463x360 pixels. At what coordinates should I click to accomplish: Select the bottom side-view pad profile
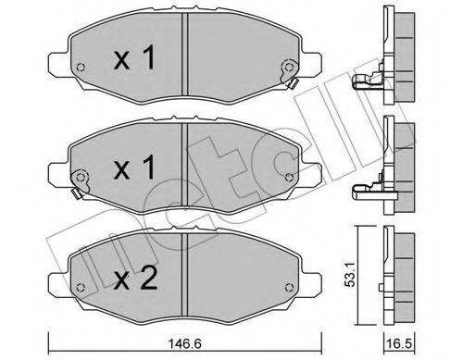coord(397,273)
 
